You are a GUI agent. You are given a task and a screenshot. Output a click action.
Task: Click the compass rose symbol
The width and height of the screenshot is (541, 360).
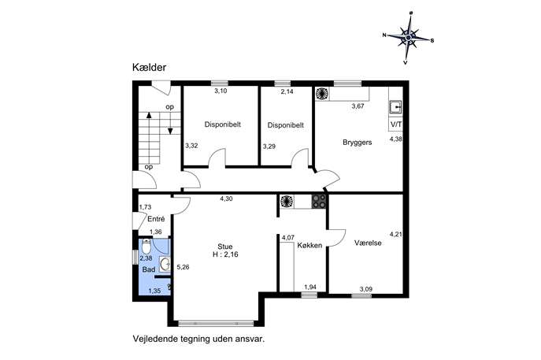pos(408,38)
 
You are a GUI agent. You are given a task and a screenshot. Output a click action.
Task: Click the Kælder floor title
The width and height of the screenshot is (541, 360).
pos(149,67)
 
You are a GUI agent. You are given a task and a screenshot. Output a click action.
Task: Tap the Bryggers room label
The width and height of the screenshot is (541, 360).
pos(357,143)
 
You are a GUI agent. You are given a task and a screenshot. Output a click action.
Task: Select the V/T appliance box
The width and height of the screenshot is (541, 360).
pos(396,124)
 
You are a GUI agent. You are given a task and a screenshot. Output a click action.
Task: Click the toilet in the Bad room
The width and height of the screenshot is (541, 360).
pos(146,247)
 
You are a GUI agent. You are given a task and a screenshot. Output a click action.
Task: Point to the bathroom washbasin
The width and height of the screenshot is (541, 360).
pos(165,265)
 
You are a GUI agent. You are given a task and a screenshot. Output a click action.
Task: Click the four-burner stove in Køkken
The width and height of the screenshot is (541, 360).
pos(319,202)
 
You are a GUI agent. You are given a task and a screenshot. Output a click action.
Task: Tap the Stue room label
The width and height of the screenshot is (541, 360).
pos(225,247)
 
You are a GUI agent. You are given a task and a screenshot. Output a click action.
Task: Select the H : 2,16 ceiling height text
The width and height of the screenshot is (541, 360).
pos(225,255)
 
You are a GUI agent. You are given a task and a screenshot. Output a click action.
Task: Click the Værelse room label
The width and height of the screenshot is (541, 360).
pos(368,243)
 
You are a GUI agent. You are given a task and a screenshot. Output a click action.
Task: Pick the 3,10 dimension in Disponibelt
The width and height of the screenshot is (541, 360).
pos(220,91)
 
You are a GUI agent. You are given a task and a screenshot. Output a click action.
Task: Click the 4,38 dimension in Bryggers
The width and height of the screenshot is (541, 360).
pos(396,139)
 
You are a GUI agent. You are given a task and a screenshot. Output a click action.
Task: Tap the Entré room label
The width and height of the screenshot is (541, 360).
pos(156,219)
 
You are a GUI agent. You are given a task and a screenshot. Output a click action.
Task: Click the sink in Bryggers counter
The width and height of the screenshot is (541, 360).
pos(396,107)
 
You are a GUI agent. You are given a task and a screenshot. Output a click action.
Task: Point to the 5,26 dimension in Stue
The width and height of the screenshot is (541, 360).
pos(183,267)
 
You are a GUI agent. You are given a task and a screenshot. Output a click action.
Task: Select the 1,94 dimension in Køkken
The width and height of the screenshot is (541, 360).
pos(310,288)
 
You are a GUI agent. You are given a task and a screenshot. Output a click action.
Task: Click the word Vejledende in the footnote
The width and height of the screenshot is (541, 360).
pos(155,339)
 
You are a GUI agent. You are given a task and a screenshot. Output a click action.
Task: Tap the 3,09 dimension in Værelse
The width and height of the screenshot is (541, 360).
pos(365,289)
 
